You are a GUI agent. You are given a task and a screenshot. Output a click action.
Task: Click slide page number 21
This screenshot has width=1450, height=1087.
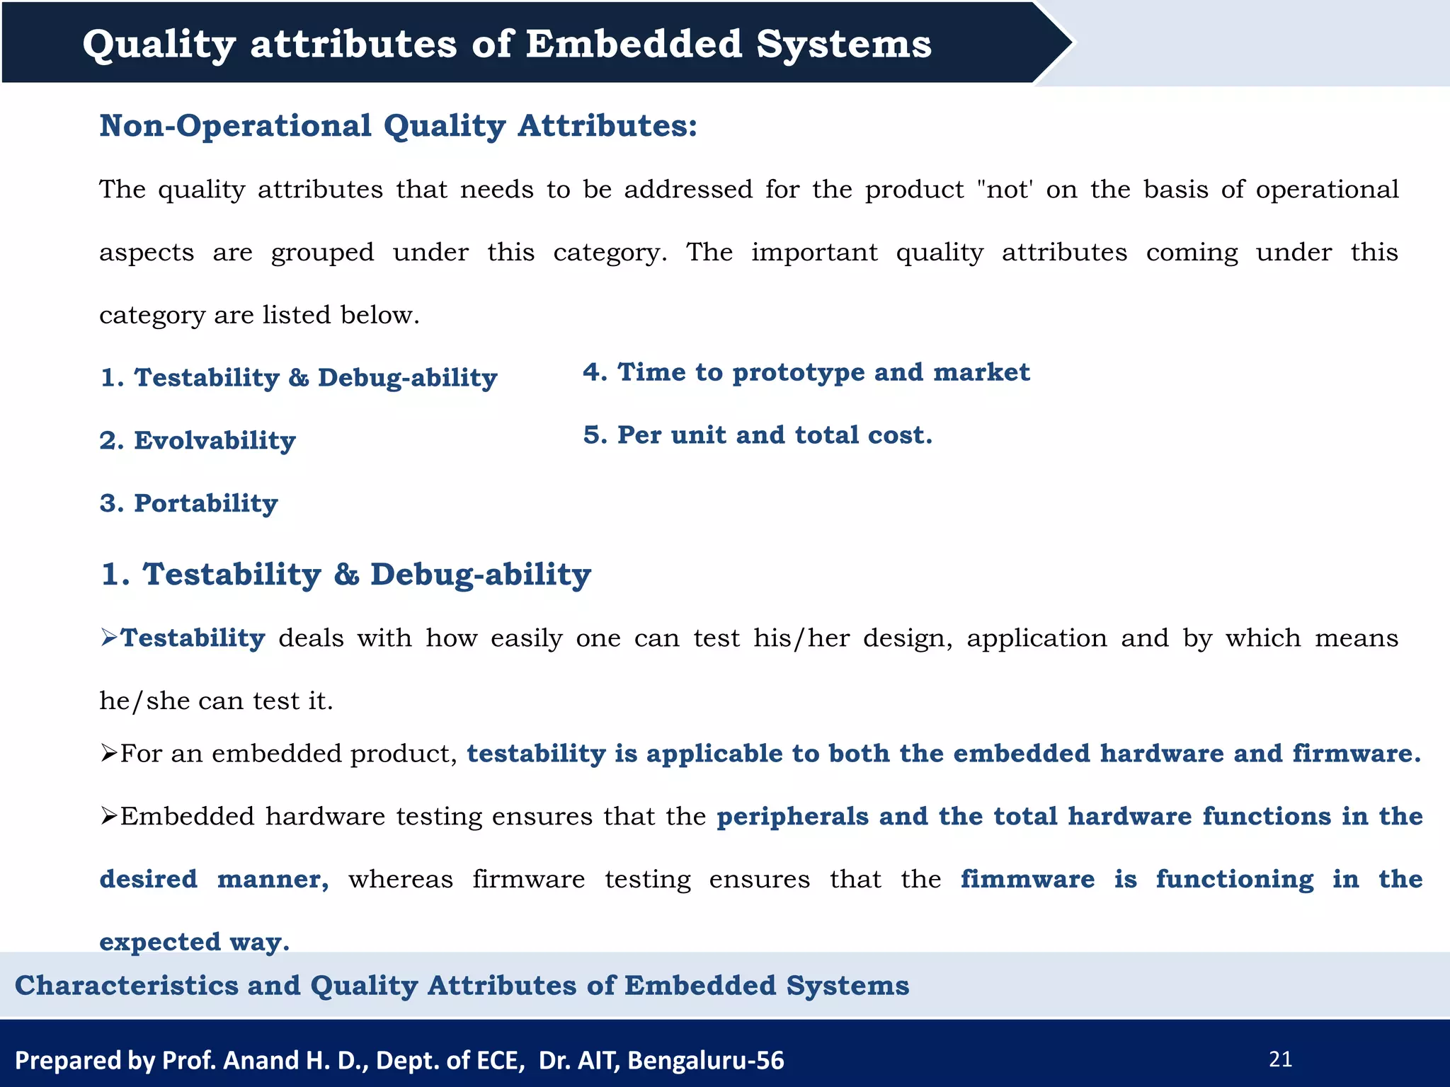click(x=1281, y=1059)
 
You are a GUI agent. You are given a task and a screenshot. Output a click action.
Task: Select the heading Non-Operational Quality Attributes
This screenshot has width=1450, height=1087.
click(x=398, y=126)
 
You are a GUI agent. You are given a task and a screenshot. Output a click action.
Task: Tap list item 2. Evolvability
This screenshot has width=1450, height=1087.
click(x=198, y=440)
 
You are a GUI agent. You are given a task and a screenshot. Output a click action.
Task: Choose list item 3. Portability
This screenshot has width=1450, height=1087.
click(x=189, y=503)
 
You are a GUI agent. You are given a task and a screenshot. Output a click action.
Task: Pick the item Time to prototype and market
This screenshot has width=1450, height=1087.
click(x=806, y=372)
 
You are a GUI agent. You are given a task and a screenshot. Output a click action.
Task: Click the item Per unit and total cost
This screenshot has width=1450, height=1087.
click(x=758, y=435)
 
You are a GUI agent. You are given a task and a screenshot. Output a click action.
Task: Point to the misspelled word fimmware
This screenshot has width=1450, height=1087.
click(x=1027, y=879)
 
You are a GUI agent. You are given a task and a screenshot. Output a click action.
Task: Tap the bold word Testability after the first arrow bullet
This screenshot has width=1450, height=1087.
click(x=193, y=638)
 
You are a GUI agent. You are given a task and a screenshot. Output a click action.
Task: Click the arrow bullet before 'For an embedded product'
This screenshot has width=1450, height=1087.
click(x=108, y=754)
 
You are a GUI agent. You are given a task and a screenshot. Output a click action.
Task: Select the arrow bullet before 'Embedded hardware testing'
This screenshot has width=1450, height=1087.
click(x=108, y=817)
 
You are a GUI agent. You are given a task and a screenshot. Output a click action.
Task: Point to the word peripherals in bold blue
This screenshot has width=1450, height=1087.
click(x=792, y=817)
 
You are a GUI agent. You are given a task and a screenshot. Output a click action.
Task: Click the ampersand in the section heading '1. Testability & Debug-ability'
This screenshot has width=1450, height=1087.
click(x=346, y=574)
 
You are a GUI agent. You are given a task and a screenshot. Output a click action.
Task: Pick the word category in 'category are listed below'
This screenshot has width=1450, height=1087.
click(x=152, y=315)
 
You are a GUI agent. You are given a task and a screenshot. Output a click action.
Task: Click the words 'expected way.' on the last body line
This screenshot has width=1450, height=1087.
click(x=194, y=942)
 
